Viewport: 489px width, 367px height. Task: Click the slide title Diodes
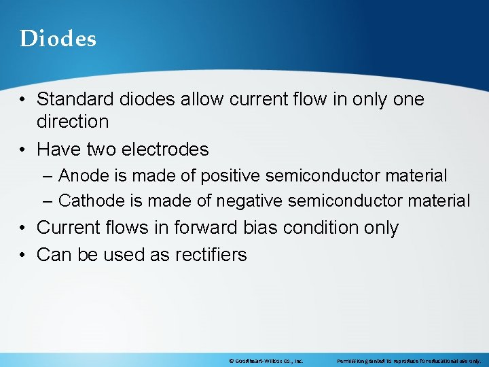[x=58, y=39]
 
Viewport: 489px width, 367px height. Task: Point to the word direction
[x=73, y=122]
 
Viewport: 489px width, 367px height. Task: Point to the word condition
[x=293, y=228]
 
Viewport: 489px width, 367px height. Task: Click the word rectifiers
[x=211, y=255]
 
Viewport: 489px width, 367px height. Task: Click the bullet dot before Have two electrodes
[x=24, y=150]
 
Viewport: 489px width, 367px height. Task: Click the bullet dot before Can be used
[x=24, y=256]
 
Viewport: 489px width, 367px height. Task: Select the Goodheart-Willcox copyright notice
[x=266, y=361]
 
